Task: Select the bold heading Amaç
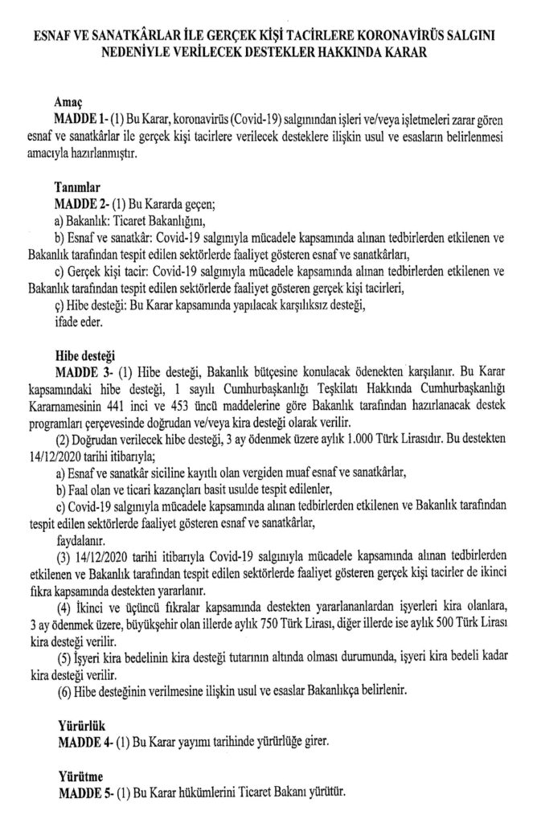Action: click(x=71, y=104)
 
